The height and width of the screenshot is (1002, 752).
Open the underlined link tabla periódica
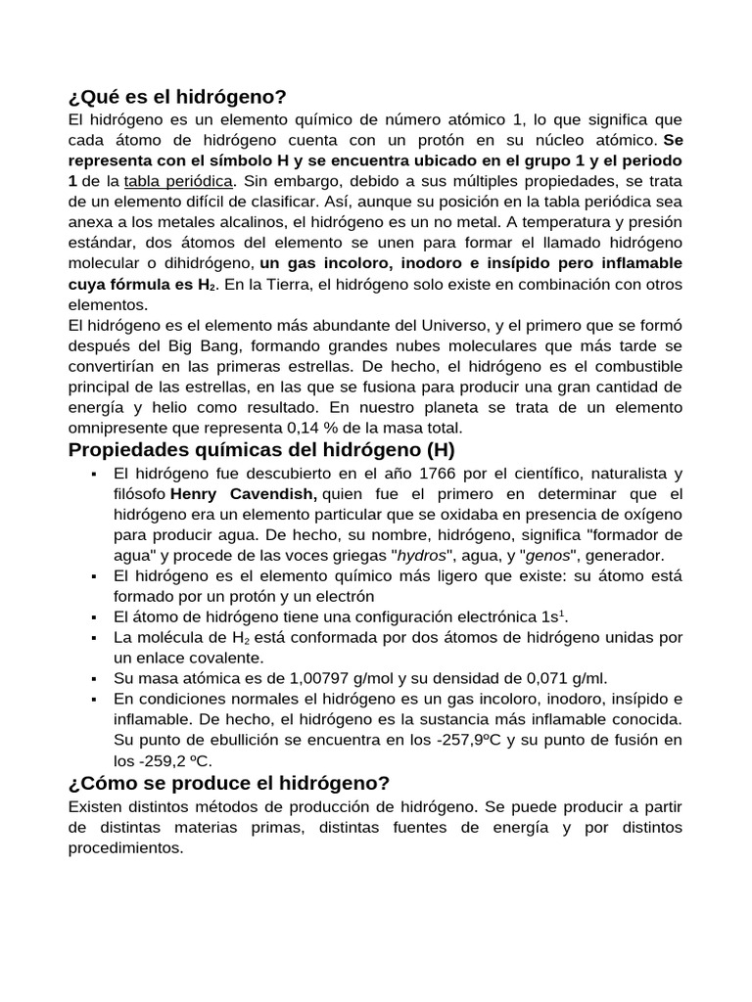(179, 181)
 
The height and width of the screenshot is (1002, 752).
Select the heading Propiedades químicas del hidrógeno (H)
(261, 450)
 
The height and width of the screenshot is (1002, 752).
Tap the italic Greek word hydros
(422, 555)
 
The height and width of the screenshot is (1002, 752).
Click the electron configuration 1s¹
(554, 616)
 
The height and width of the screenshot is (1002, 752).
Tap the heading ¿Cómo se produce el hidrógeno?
(229, 783)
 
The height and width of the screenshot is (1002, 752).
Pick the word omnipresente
(115, 428)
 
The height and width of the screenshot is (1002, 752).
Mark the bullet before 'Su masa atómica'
(92, 679)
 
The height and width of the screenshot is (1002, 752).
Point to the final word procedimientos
(125, 848)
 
